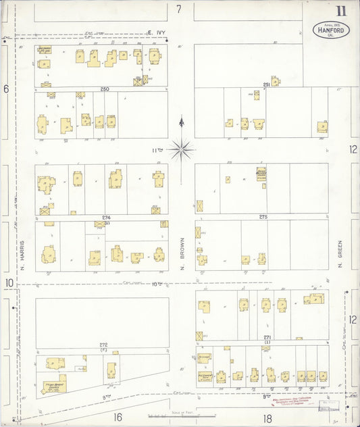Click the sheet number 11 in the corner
click(x=341, y=10)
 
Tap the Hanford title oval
click(x=330, y=30)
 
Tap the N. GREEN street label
click(x=341, y=255)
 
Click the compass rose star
click(x=181, y=148)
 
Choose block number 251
click(x=267, y=84)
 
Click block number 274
click(x=106, y=218)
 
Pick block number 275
click(x=263, y=217)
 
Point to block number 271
click(x=267, y=336)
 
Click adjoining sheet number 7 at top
click(x=179, y=9)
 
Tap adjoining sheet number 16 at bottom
click(x=118, y=418)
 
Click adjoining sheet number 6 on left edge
click(x=6, y=88)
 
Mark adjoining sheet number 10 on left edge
click(x=9, y=282)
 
